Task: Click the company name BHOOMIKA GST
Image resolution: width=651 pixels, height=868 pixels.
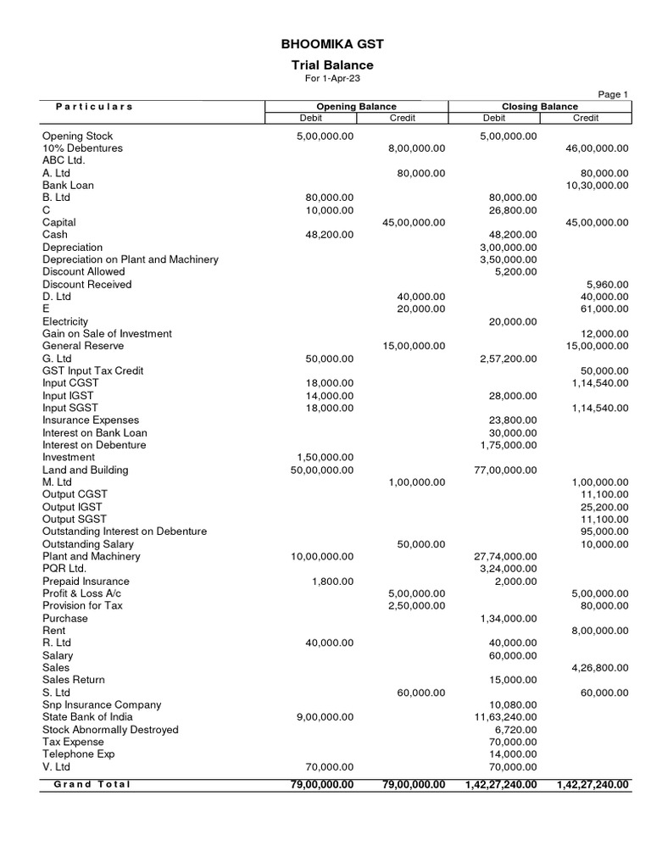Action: (x=326, y=44)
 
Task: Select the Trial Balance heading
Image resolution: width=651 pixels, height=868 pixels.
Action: (x=326, y=65)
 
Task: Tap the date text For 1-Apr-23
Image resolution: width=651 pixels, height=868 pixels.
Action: (x=326, y=79)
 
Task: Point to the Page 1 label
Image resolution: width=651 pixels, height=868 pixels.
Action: (x=614, y=94)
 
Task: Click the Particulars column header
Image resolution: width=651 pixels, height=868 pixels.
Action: (x=94, y=107)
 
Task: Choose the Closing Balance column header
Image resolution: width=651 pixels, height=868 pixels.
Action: (x=540, y=107)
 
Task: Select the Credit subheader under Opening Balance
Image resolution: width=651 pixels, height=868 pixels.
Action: (x=402, y=118)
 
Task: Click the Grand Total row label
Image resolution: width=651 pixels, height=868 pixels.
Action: (x=92, y=784)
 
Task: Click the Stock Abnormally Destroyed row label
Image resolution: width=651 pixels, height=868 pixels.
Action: (x=110, y=730)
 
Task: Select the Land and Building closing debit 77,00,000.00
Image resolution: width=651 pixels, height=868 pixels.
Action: (x=504, y=470)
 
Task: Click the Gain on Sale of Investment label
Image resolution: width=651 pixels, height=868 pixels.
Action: (x=107, y=334)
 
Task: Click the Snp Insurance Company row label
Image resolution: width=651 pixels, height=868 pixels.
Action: (x=102, y=705)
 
